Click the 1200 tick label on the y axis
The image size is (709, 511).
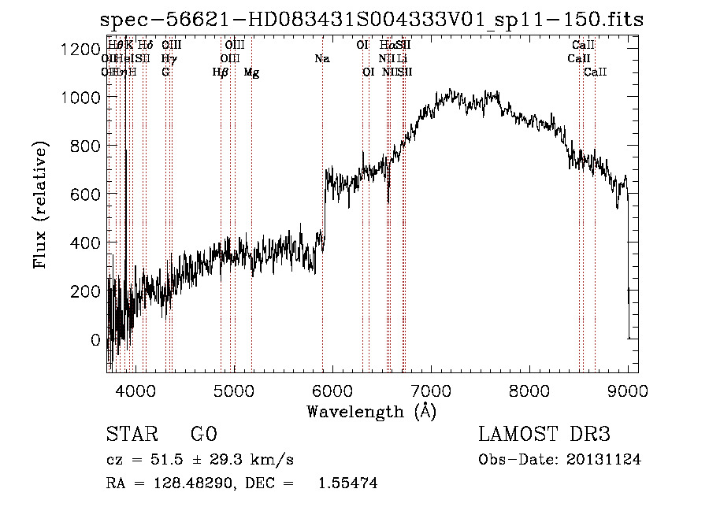pyautogui.click(x=80, y=49)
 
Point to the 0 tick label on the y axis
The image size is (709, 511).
pyautogui.click(x=96, y=340)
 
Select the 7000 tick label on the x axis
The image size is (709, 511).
pyautogui.click(x=430, y=390)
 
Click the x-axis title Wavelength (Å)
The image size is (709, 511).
pyautogui.click(x=371, y=411)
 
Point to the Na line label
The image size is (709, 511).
pyautogui.click(x=321, y=58)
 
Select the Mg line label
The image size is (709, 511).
pyautogui.click(x=251, y=72)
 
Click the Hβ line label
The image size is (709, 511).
pyautogui.click(x=221, y=72)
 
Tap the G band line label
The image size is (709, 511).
pyautogui.click(x=165, y=72)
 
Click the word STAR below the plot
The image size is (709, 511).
pyautogui.click(x=131, y=435)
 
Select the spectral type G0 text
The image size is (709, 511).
pyautogui.click(x=203, y=435)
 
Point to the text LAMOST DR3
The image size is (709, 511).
pyautogui.click(x=544, y=435)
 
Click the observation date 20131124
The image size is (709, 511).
pyautogui.click(x=603, y=460)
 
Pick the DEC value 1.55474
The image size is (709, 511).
pyautogui.click(x=347, y=483)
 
